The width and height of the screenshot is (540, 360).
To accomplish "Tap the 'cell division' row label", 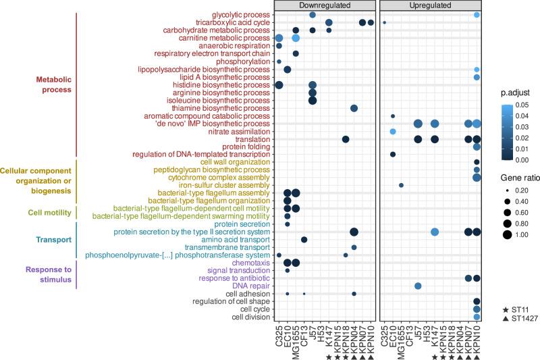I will (250, 317).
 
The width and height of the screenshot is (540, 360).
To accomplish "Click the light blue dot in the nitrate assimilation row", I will (393, 131).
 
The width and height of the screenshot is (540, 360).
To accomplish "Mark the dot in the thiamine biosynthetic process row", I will (354, 108).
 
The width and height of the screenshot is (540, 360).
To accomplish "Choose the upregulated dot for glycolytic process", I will (477, 15).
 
